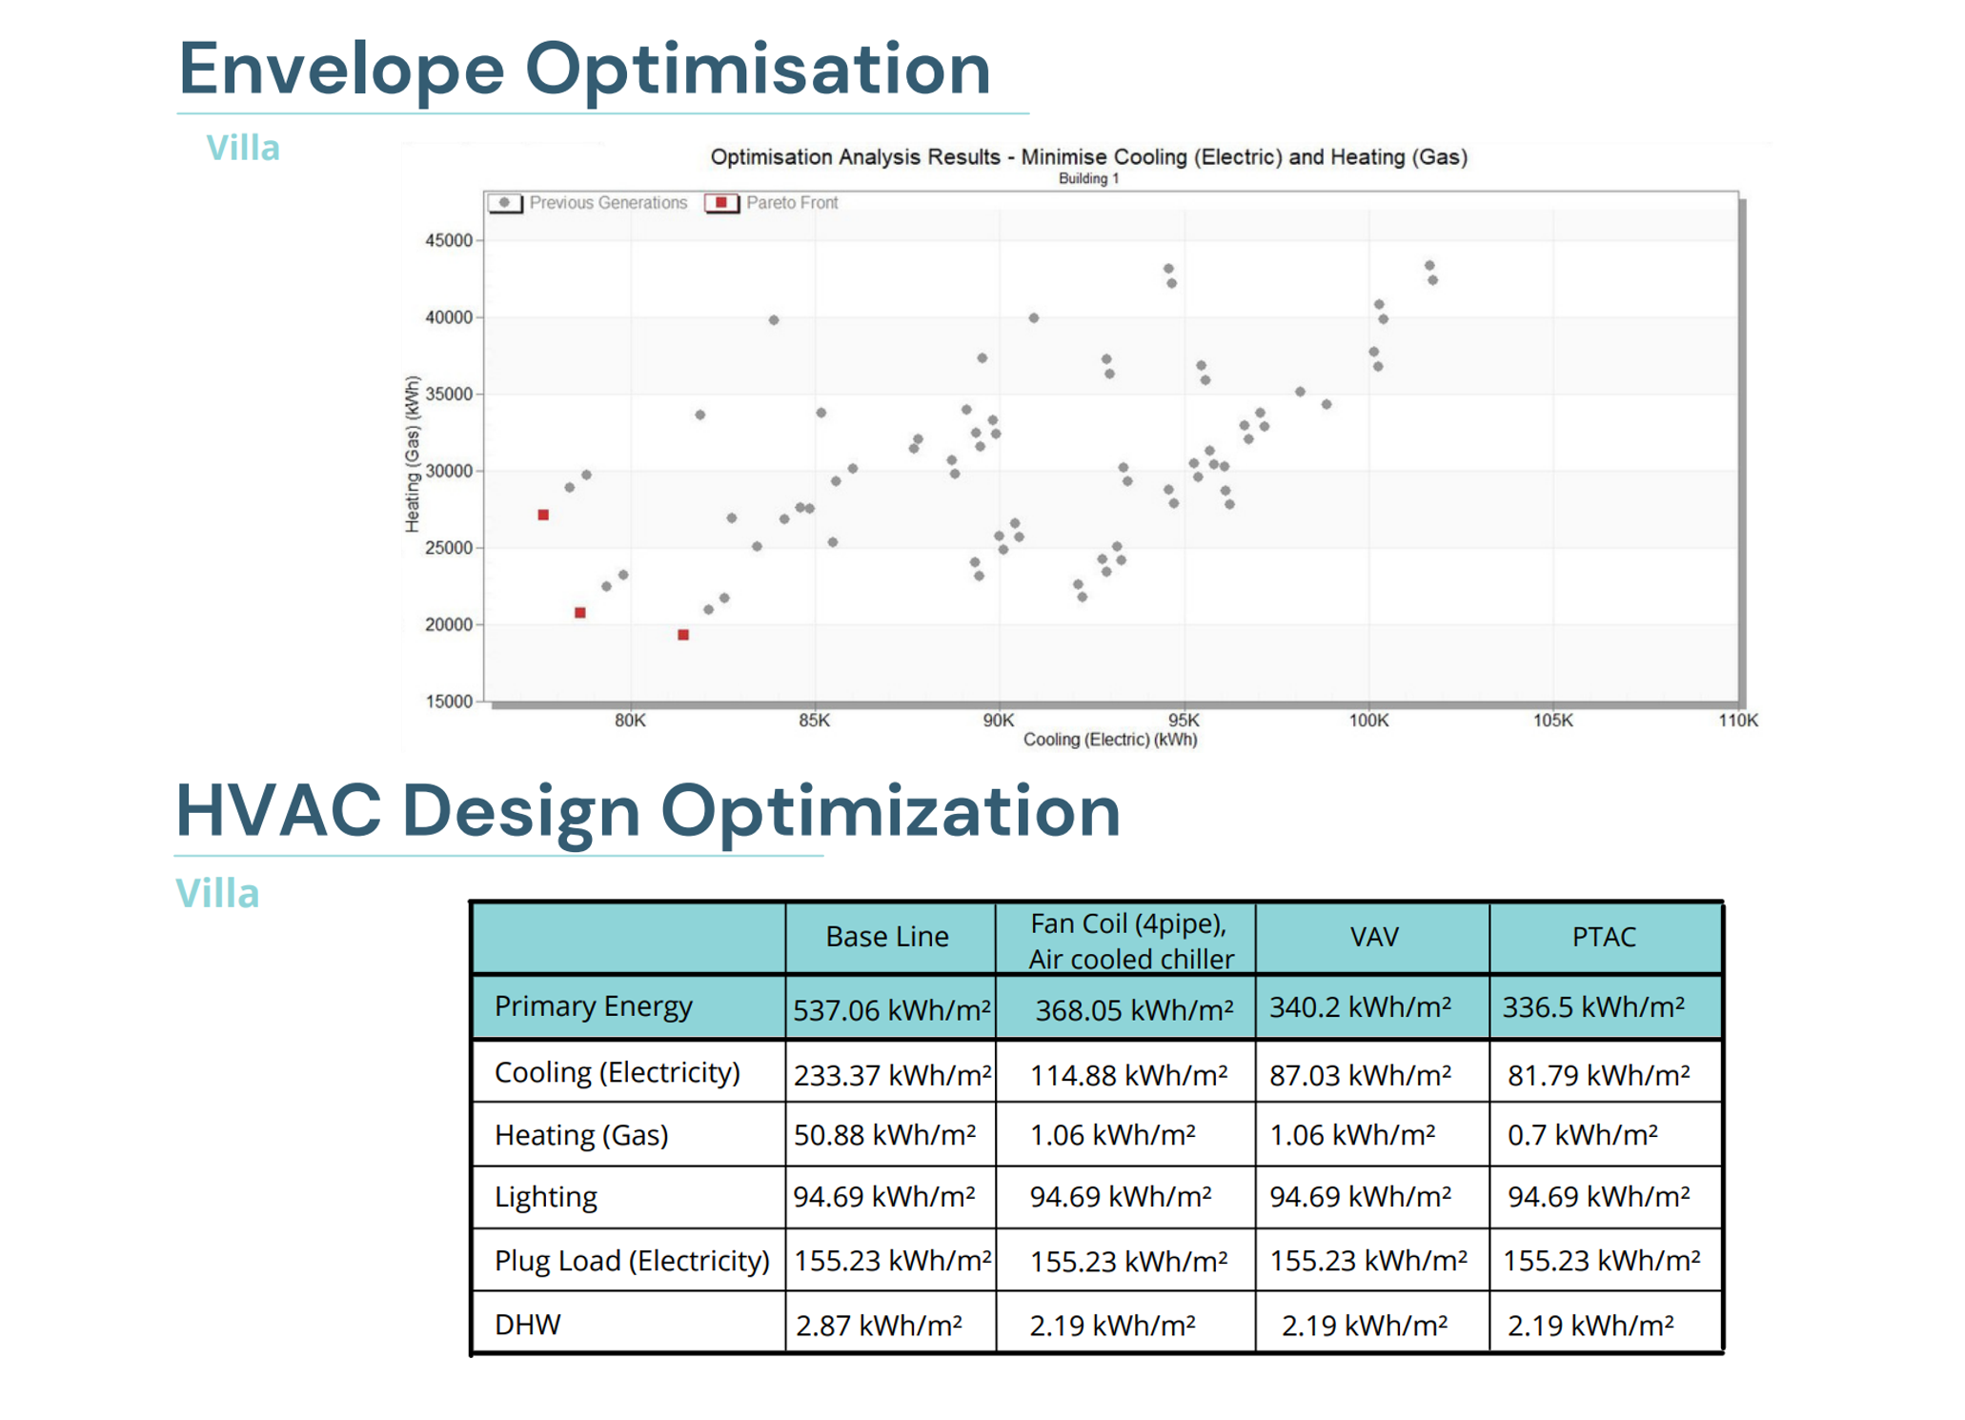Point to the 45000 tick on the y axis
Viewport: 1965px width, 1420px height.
point(448,240)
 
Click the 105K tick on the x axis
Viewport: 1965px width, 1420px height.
point(1552,720)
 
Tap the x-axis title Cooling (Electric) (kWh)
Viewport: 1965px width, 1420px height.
point(1109,740)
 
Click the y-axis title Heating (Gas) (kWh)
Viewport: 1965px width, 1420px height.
point(412,454)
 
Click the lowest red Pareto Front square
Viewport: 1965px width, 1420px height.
point(683,635)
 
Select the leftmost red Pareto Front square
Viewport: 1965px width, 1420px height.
point(543,515)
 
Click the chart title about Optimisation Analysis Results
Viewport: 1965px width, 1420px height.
point(1088,157)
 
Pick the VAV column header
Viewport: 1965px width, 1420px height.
point(1373,937)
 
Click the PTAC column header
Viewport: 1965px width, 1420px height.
point(1604,937)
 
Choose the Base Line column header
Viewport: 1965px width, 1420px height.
point(886,937)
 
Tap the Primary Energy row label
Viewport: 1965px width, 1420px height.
point(593,1006)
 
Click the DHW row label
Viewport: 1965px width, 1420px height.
point(528,1325)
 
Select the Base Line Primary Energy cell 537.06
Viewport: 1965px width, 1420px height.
point(891,1009)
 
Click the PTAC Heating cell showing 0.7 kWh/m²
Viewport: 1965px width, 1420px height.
point(1582,1135)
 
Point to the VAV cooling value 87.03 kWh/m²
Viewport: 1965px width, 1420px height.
point(1360,1075)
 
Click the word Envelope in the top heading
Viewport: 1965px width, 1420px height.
point(341,69)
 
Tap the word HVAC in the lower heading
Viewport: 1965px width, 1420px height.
point(278,811)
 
